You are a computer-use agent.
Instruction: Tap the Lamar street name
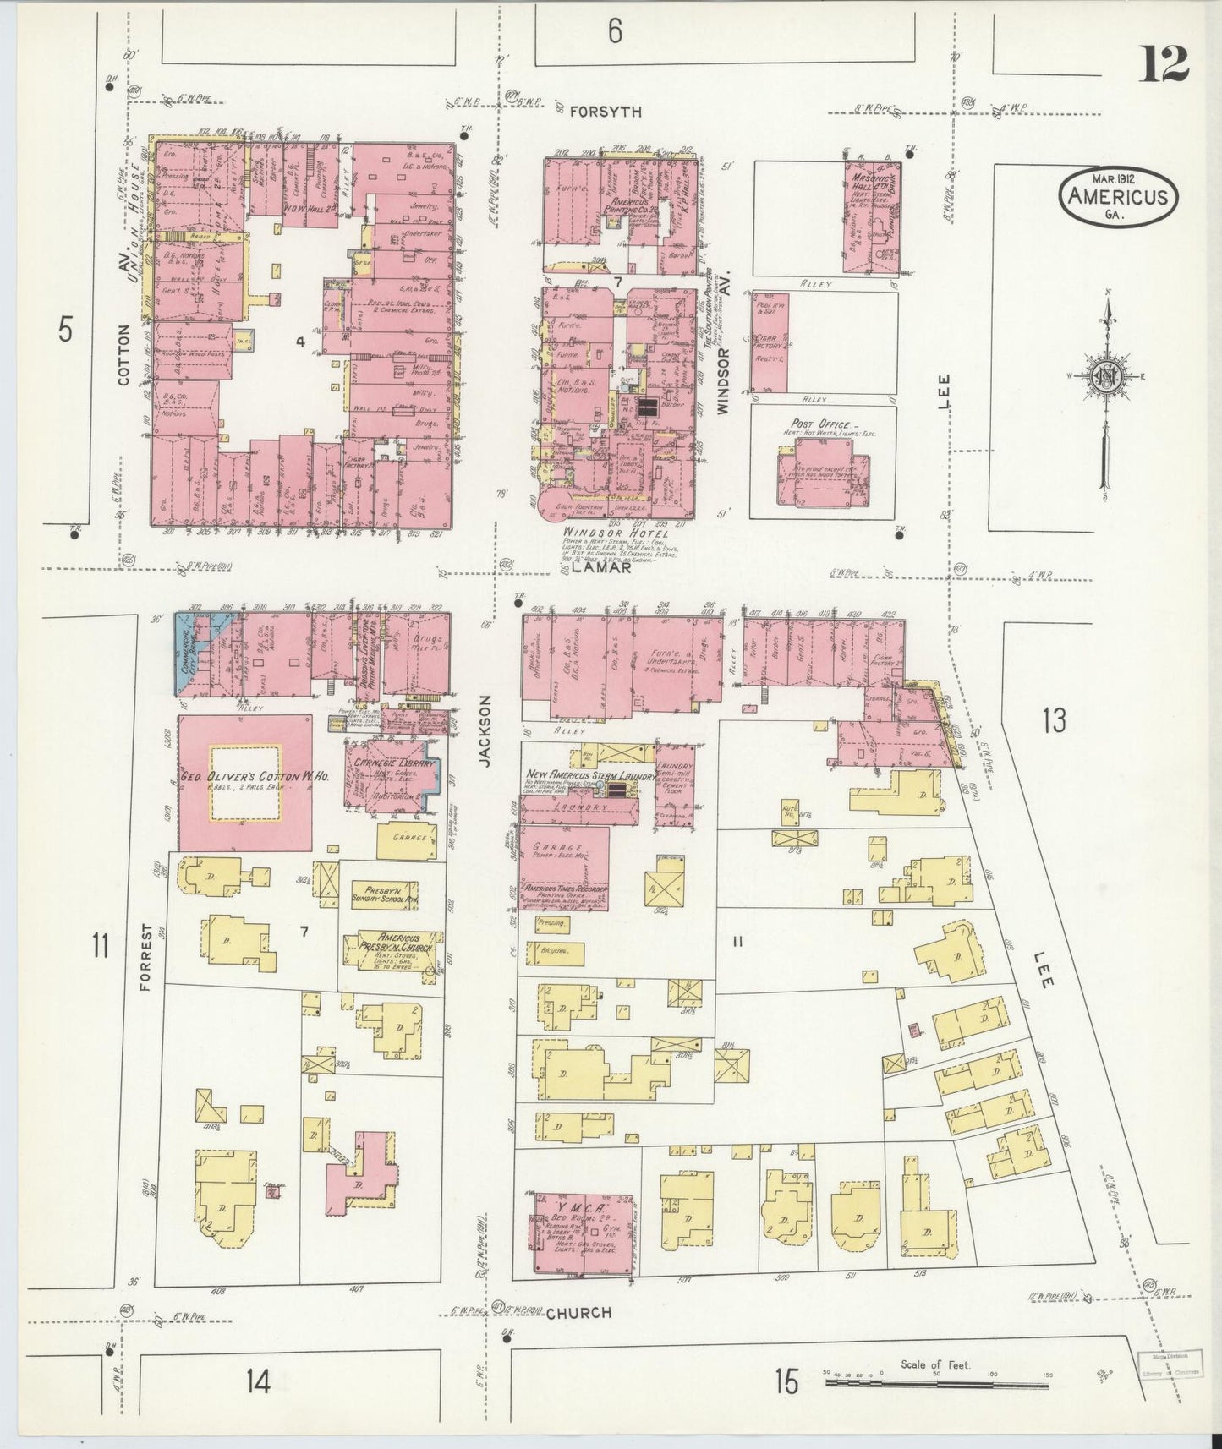[x=600, y=569]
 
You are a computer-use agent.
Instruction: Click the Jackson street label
[x=485, y=731]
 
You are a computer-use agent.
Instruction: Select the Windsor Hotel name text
[x=615, y=534]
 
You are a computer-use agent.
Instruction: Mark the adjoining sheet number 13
[x=1054, y=721]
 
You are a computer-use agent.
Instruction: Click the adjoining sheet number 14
[x=258, y=1382]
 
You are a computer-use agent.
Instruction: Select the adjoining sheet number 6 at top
[x=615, y=31]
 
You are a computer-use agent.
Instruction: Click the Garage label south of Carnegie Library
[x=406, y=839]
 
